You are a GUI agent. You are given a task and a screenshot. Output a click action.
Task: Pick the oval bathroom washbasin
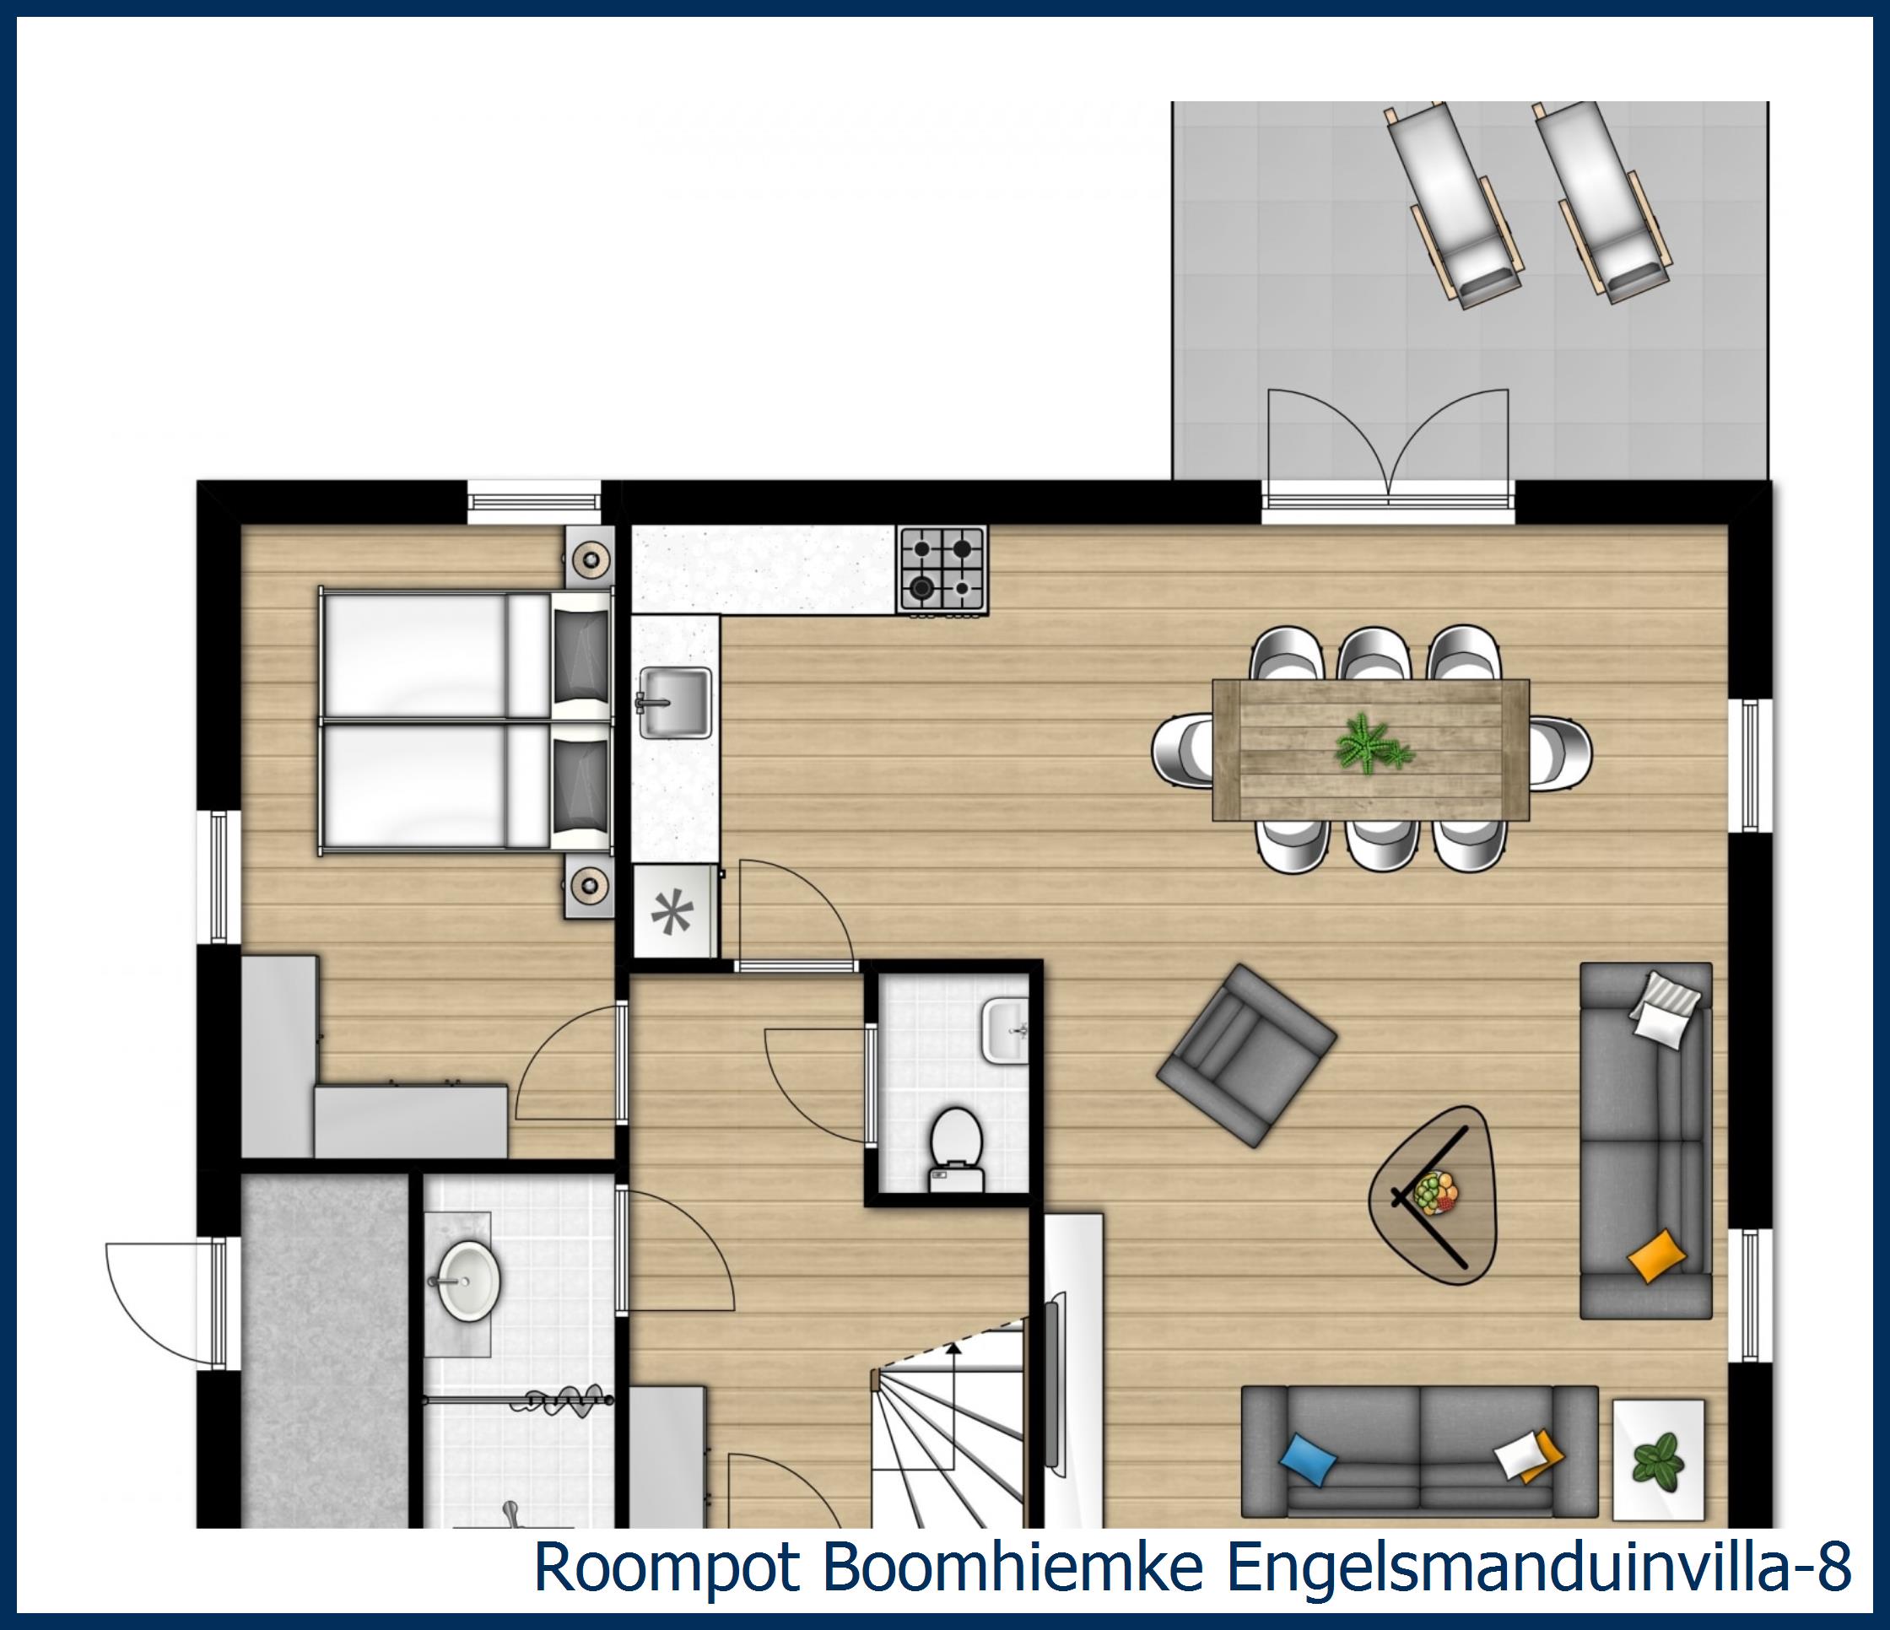point(469,1277)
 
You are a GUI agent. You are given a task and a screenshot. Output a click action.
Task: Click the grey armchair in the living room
point(1246,1055)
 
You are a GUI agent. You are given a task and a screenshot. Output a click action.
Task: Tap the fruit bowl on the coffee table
point(1436,1193)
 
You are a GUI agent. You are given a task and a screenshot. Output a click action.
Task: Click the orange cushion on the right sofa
point(1656,1255)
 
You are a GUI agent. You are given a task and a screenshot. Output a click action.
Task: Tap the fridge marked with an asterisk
point(674,912)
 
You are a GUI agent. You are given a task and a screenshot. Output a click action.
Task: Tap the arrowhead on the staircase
point(954,1349)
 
